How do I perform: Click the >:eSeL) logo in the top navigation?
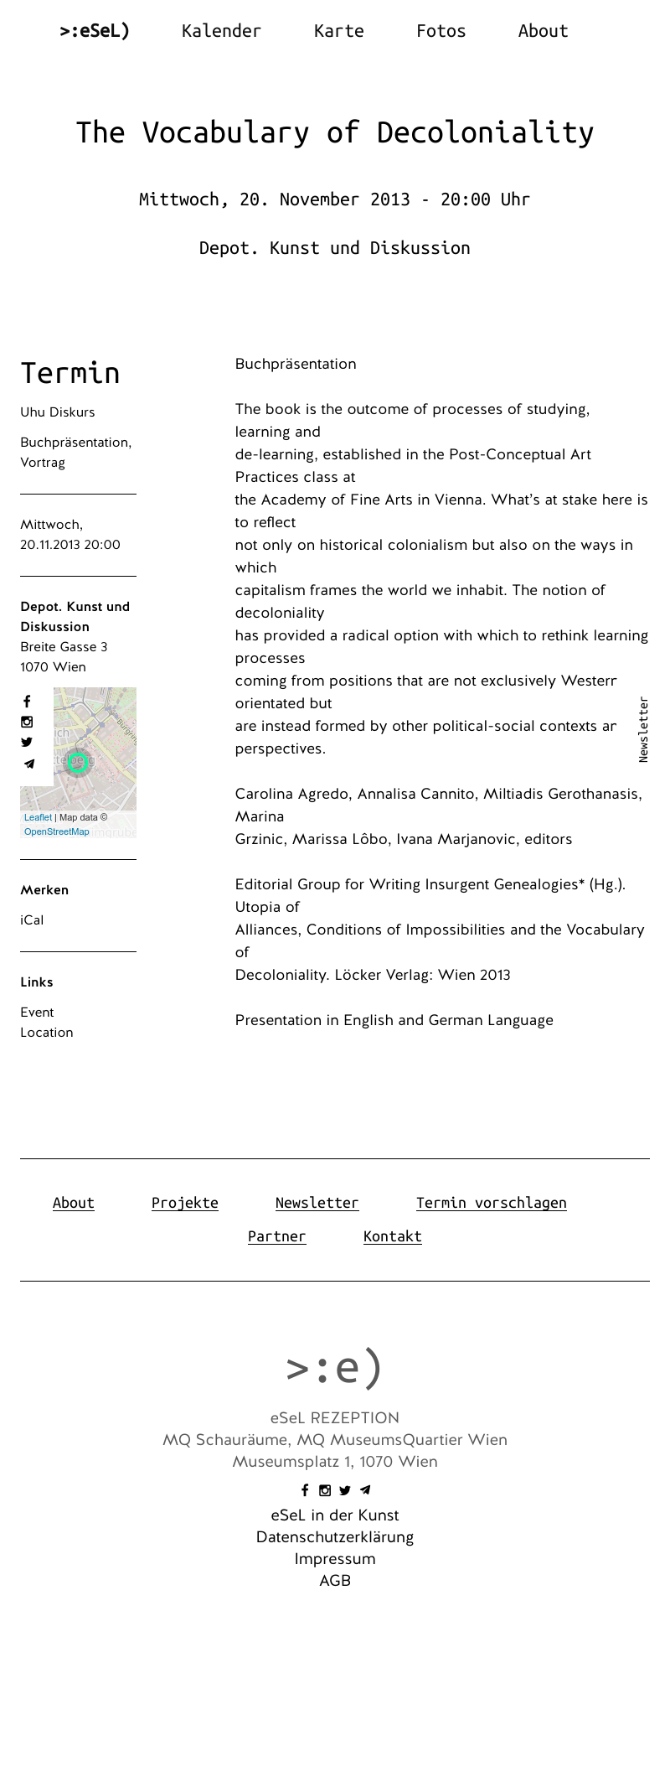[x=95, y=31]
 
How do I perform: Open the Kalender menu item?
[x=221, y=31]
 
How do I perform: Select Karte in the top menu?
[x=338, y=31]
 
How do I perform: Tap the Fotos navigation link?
[x=441, y=31]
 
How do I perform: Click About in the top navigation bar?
[x=543, y=31]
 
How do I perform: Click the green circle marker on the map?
[x=78, y=762]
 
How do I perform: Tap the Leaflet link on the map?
[x=38, y=817]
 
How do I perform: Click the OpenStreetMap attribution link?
[x=56, y=831]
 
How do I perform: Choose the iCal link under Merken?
[x=32, y=920]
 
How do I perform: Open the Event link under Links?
[x=37, y=1013]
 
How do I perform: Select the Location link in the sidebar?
[x=47, y=1033]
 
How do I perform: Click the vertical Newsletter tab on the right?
[x=643, y=729]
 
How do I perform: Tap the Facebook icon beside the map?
[x=27, y=702]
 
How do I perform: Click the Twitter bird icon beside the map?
[x=27, y=742]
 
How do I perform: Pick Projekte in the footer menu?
[x=184, y=1203]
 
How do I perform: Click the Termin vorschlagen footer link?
[x=491, y=1203]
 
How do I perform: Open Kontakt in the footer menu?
[x=392, y=1236]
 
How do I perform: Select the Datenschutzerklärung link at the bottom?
[x=335, y=1537]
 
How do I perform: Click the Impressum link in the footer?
[x=335, y=1559]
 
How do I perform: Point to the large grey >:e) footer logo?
[x=334, y=1368]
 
